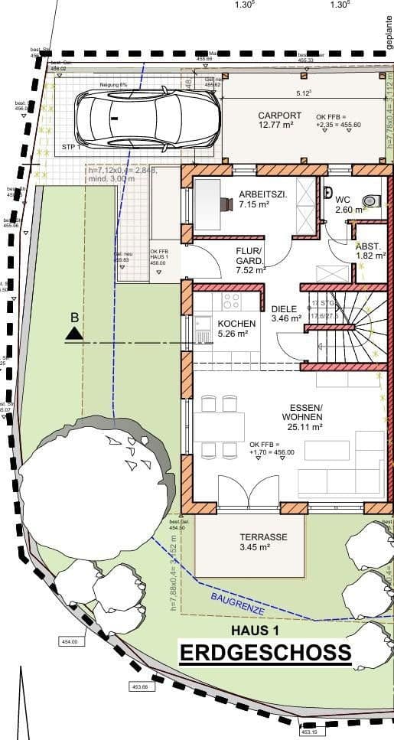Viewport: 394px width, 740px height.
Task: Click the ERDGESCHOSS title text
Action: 265,654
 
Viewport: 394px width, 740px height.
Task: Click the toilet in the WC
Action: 371,200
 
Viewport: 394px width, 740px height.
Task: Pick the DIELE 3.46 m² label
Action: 287,315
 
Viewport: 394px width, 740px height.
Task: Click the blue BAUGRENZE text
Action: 238,602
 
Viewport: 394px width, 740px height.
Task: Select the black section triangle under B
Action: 73,333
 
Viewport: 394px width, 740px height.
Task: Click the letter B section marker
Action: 74,317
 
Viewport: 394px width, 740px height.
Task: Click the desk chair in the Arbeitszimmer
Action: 226,204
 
